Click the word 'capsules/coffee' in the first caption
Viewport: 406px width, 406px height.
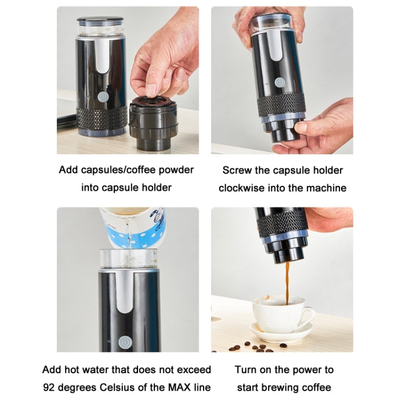click(x=121, y=170)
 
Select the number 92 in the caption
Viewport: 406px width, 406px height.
click(x=50, y=388)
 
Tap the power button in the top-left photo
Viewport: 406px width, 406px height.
click(x=102, y=95)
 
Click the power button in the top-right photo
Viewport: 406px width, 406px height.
click(x=279, y=82)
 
